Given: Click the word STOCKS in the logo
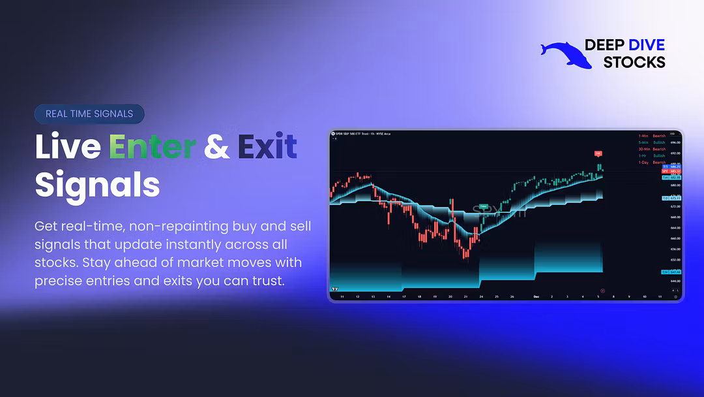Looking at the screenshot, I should (x=634, y=63).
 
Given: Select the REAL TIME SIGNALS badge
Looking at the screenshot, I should (x=89, y=114).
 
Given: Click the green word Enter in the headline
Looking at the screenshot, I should (x=152, y=146).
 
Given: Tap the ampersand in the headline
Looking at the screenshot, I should (x=216, y=147).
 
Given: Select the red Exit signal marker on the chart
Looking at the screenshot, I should (x=597, y=154).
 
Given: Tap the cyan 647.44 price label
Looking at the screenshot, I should (x=671, y=272).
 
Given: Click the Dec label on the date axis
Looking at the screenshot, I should (x=536, y=296).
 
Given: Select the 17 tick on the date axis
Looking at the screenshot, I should (x=403, y=296).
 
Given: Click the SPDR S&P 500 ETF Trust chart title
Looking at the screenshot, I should (x=362, y=134).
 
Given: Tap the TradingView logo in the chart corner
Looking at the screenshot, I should (x=334, y=289).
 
